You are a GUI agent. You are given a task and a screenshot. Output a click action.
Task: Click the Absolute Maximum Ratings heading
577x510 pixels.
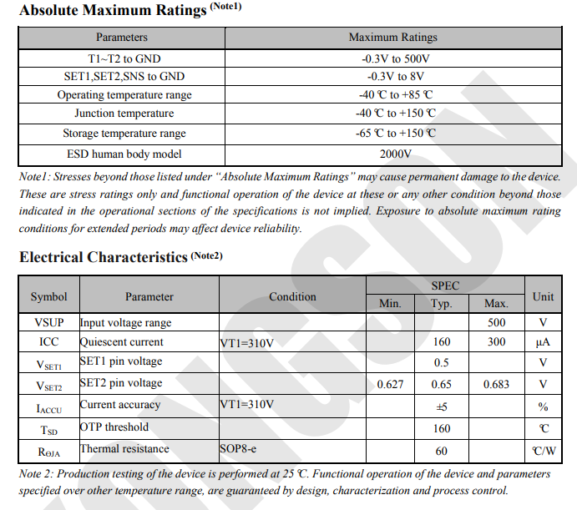click(113, 11)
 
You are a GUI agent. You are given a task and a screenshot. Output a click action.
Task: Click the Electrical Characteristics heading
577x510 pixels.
click(104, 257)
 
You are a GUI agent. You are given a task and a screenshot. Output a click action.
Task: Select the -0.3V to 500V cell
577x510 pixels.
click(394, 59)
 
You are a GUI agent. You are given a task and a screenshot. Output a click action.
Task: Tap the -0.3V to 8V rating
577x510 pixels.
click(394, 76)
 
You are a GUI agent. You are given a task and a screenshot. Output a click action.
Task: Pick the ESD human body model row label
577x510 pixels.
click(124, 154)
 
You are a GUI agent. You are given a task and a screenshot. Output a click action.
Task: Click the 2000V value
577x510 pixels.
click(394, 154)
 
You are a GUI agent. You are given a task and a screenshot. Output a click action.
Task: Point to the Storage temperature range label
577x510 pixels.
click(124, 134)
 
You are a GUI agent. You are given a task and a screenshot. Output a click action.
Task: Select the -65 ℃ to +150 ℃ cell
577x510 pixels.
click(394, 134)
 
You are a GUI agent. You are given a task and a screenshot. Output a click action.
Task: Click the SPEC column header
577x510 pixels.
click(445, 285)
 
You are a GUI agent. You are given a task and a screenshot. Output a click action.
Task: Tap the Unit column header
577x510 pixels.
click(543, 296)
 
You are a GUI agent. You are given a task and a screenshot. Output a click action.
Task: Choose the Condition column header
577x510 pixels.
click(292, 296)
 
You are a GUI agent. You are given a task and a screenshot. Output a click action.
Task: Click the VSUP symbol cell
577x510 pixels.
click(49, 323)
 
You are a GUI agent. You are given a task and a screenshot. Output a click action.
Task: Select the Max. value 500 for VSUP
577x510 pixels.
click(496, 323)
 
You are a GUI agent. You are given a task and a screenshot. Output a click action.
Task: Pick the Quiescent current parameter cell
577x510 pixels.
click(122, 342)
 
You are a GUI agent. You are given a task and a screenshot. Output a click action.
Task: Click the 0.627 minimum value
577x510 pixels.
click(390, 385)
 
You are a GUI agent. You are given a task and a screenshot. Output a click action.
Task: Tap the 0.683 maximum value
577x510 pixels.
click(496, 385)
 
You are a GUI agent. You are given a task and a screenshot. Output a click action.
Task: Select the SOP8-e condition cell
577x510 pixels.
click(240, 449)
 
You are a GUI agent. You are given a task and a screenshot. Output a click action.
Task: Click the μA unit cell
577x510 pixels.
click(543, 342)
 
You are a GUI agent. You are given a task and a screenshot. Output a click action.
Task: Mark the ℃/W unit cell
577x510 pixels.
click(543, 452)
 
